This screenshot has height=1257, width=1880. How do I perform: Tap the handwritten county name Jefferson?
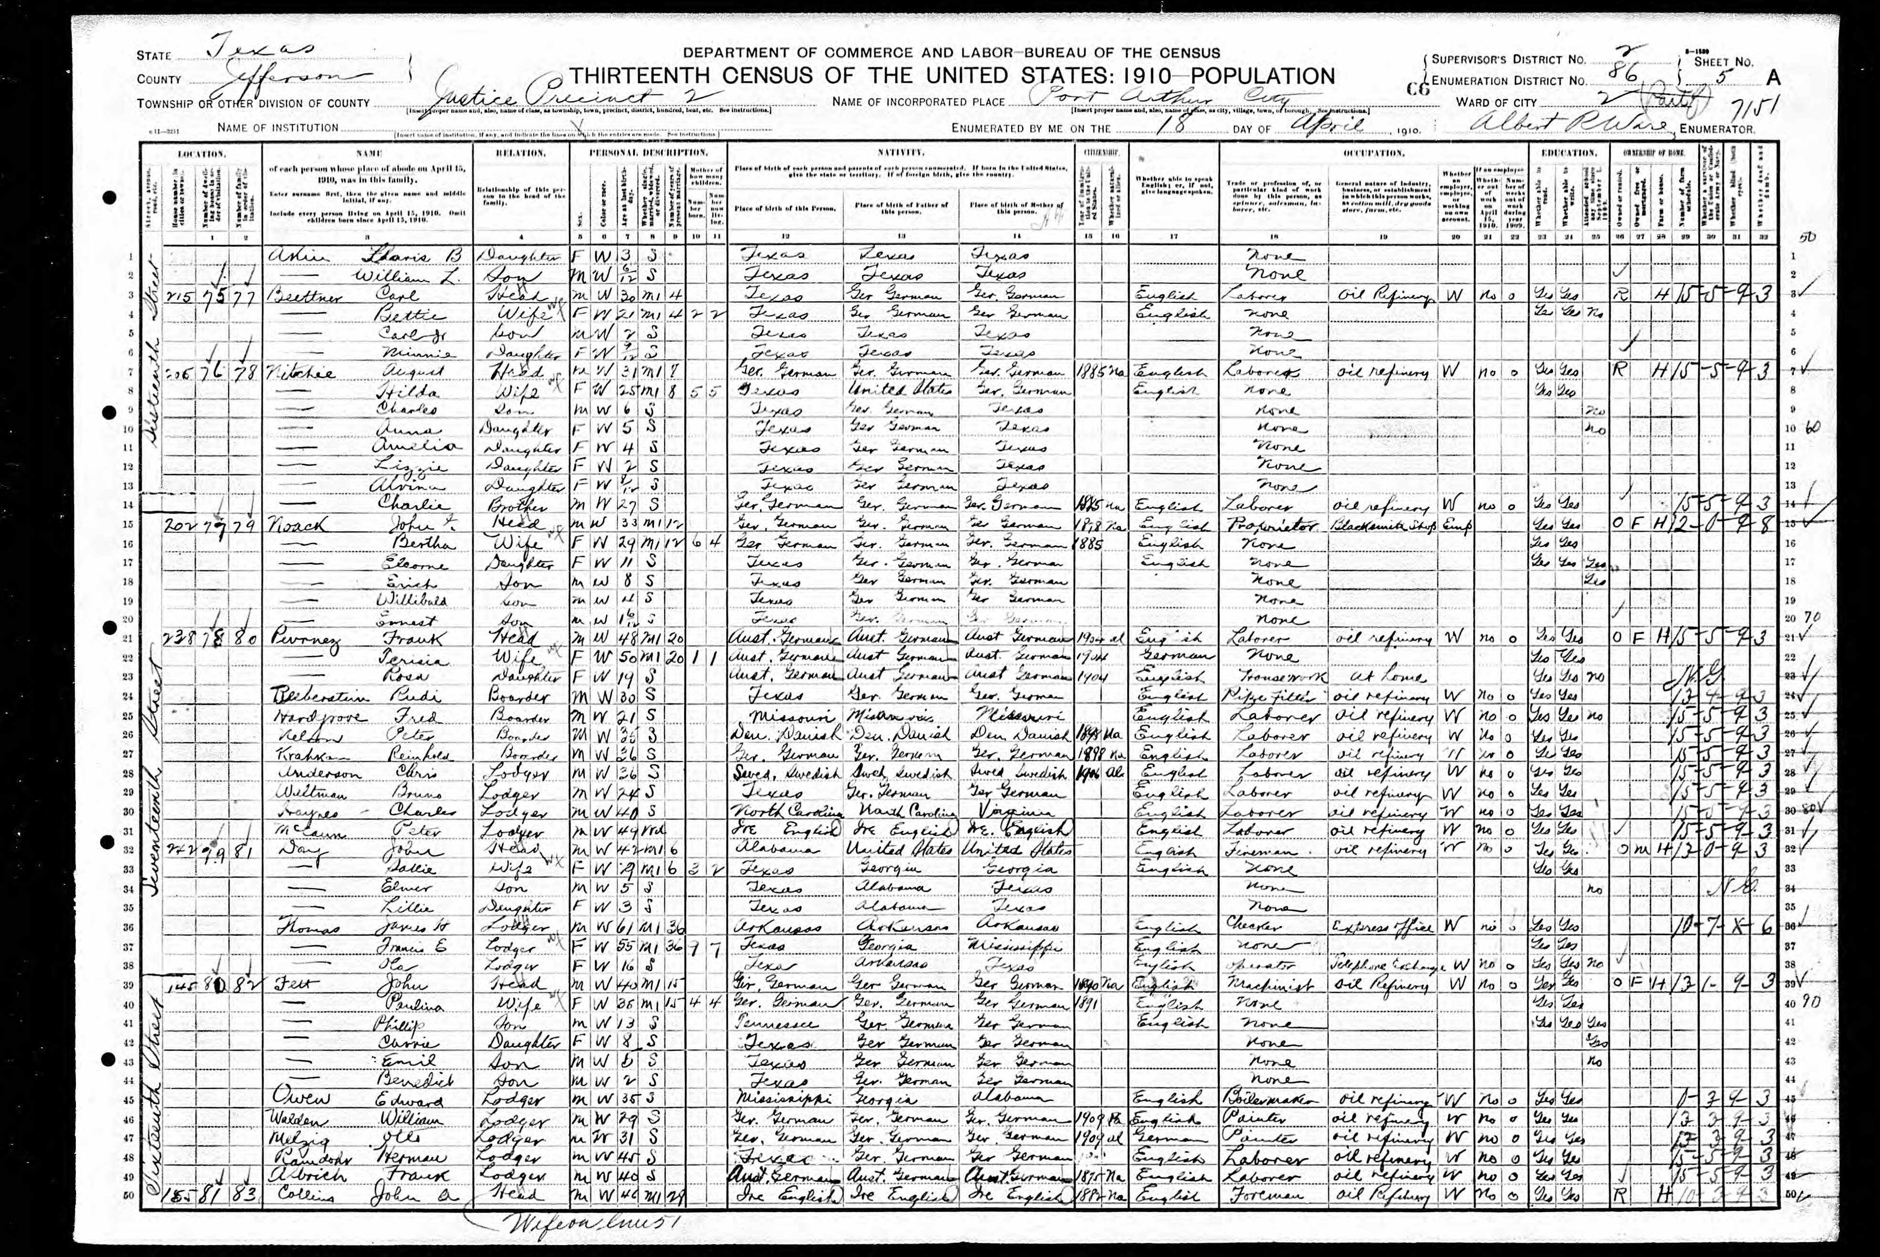[x=288, y=78]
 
